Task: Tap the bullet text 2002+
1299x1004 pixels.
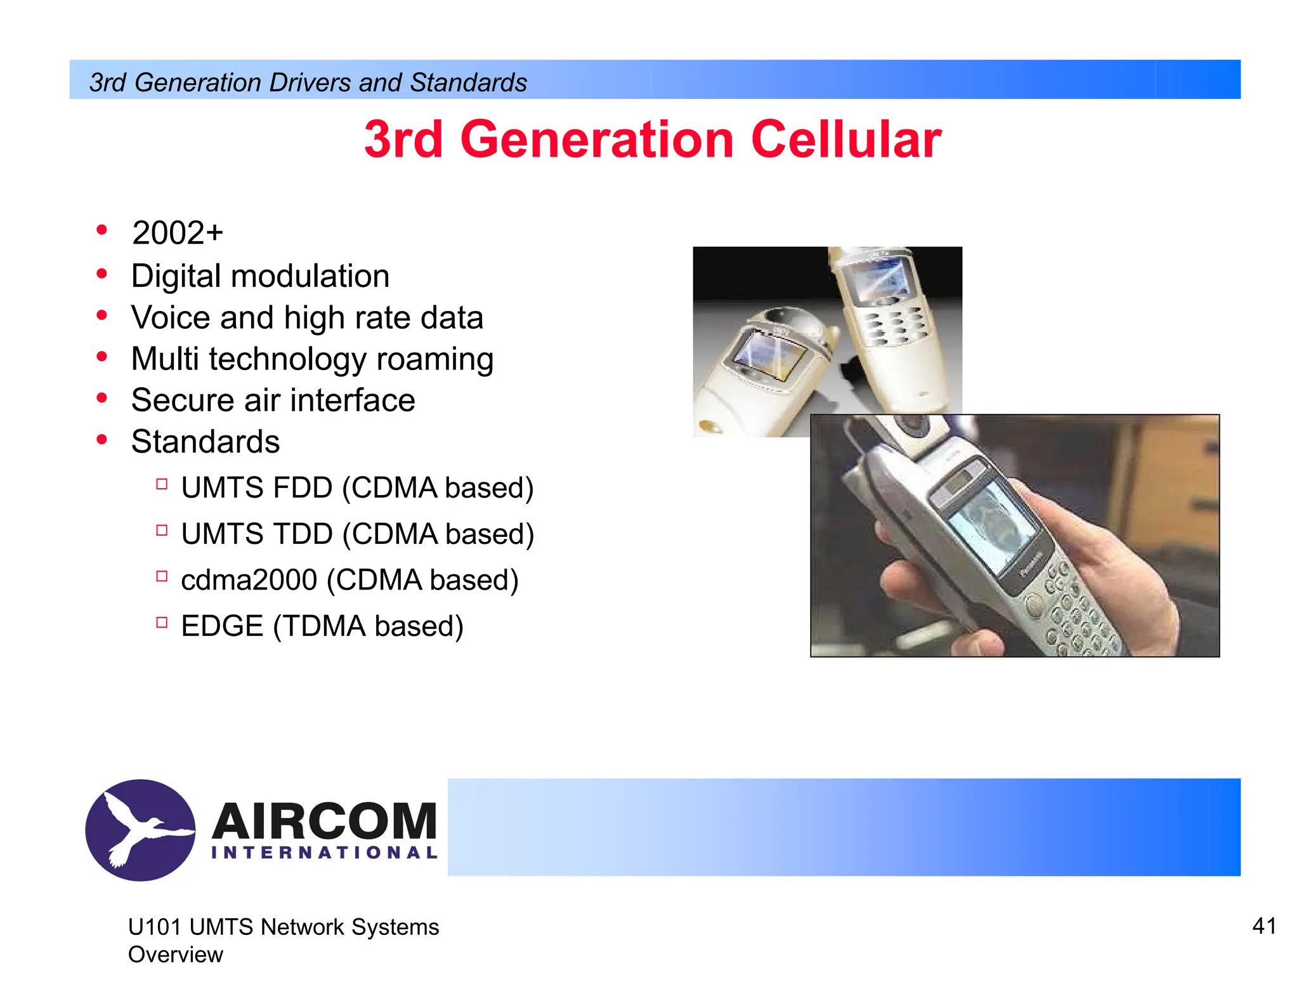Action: [x=178, y=232]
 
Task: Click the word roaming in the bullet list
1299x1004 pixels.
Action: [x=434, y=359]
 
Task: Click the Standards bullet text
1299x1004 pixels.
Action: [x=205, y=442]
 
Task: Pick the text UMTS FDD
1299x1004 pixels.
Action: [x=257, y=488]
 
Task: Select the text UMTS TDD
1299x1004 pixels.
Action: [x=257, y=534]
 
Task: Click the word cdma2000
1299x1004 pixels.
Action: [x=249, y=580]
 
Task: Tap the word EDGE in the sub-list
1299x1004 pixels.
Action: [x=222, y=626]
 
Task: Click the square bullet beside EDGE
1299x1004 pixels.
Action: [x=162, y=623]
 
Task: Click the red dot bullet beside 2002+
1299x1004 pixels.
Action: [x=101, y=230]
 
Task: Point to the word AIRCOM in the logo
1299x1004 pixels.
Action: [x=324, y=821]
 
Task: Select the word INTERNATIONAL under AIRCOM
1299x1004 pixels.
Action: [x=324, y=852]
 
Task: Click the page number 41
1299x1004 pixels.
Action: [x=1263, y=926]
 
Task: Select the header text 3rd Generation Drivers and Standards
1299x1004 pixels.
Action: [x=308, y=83]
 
